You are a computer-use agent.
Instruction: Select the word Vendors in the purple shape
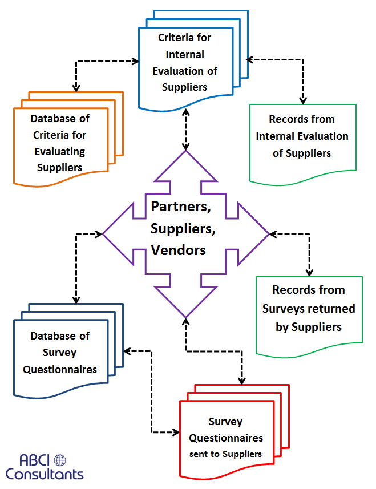[178, 250]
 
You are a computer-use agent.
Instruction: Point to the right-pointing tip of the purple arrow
[267, 233]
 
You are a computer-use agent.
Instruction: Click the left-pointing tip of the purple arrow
[104, 233]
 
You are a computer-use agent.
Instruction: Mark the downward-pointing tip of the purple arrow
[185, 316]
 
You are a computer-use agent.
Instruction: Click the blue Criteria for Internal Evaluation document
[184, 63]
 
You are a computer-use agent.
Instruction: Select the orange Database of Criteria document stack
[60, 143]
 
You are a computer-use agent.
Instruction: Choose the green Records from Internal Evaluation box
[302, 137]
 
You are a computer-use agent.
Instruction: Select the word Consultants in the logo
[45, 474]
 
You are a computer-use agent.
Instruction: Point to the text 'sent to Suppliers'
[226, 454]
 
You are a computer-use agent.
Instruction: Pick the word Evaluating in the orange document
[60, 152]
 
